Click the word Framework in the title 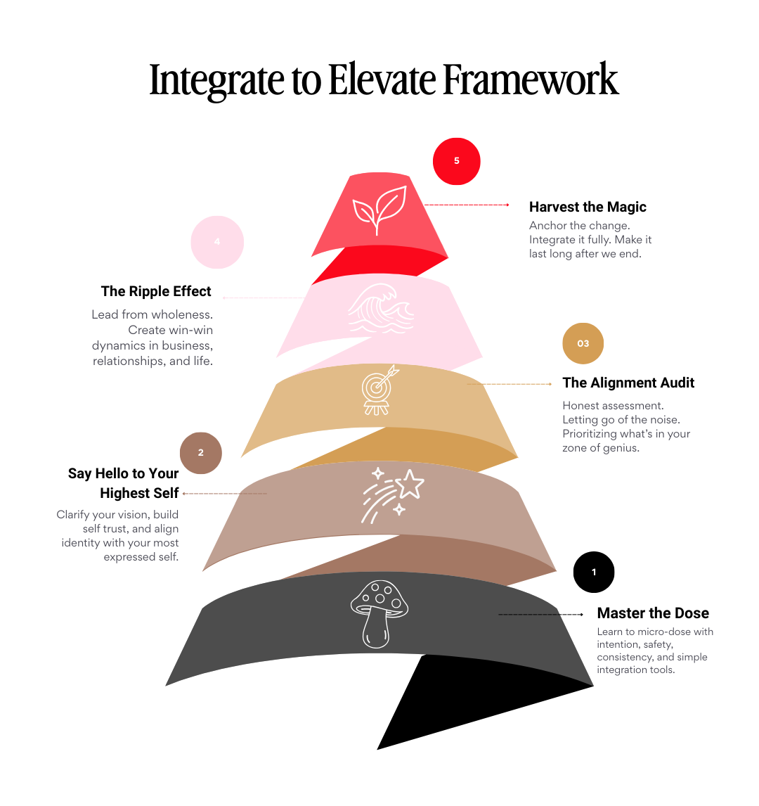click(530, 79)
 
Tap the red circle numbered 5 click(457, 161)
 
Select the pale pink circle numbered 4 click(217, 242)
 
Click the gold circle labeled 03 click(583, 343)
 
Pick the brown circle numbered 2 click(201, 453)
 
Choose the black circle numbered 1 click(594, 572)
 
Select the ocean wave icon click(380, 310)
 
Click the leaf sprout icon click(379, 208)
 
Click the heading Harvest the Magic click(588, 207)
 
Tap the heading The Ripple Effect click(156, 291)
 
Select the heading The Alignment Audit click(628, 383)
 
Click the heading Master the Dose click(653, 613)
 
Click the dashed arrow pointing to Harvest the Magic click(467, 205)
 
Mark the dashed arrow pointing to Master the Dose click(540, 615)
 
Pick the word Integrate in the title click(216, 81)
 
